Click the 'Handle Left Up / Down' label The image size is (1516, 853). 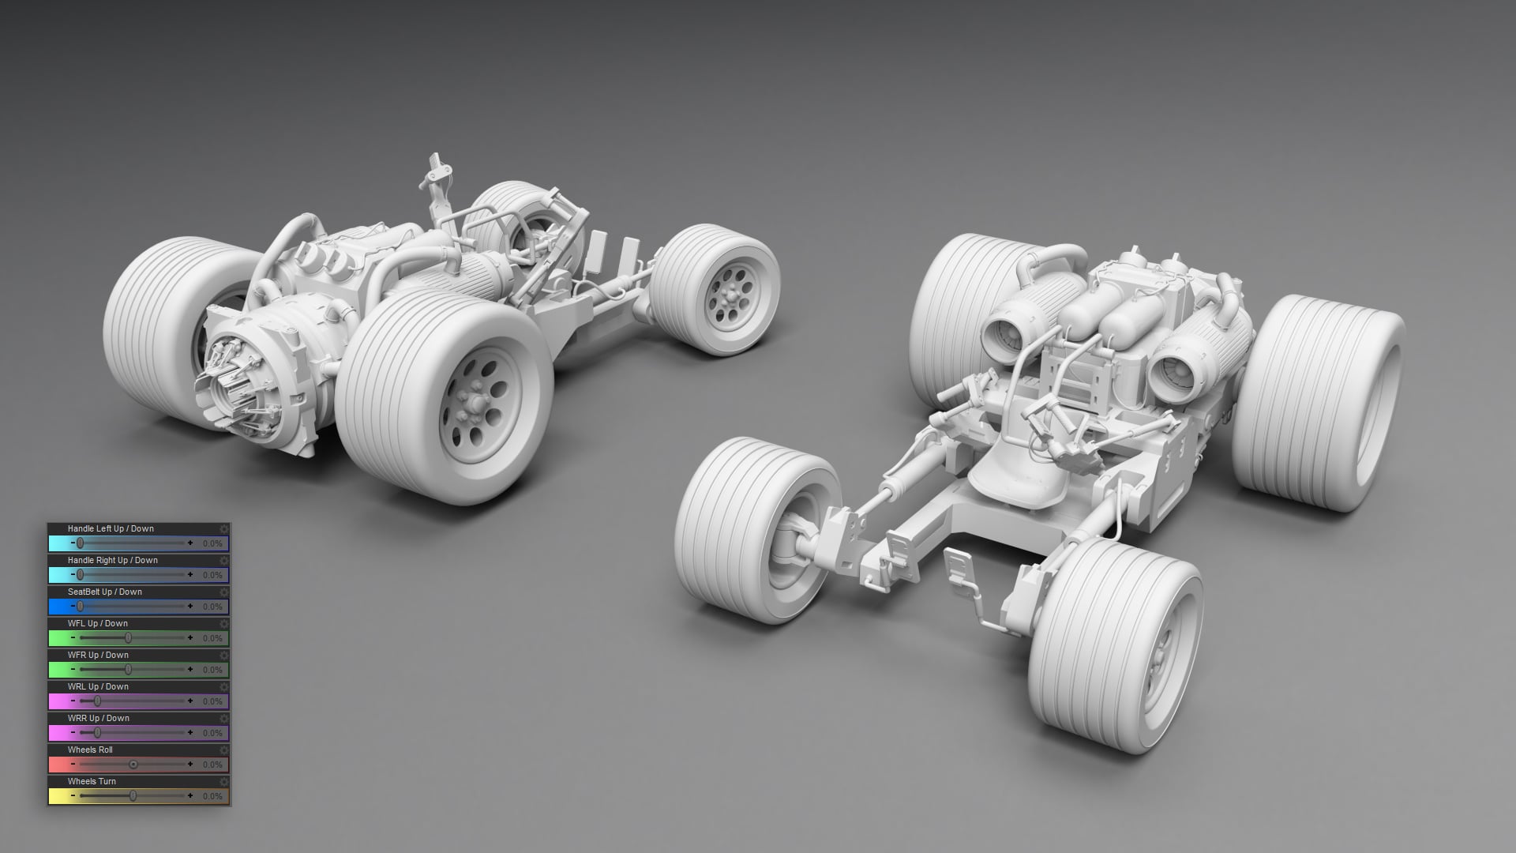tap(111, 529)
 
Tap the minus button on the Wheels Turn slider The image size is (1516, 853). tap(73, 795)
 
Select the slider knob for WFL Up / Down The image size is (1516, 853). tap(128, 637)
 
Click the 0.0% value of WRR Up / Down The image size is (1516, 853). tap(212, 733)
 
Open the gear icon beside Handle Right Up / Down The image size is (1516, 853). tap(224, 561)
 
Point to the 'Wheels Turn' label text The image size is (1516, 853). tap(92, 782)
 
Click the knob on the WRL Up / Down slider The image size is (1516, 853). tap(97, 701)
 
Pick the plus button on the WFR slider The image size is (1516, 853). tap(190, 669)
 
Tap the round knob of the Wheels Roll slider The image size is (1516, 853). tap(133, 764)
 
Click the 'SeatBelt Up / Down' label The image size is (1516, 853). tap(105, 592)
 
